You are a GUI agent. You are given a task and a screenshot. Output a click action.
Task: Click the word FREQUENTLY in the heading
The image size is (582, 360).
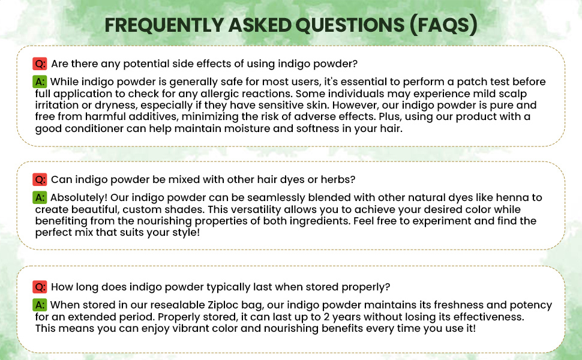pyautogui.click(x=164, y=25)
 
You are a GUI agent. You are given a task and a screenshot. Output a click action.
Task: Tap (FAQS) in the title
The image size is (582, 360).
pyautogui.click(x=443, y=25)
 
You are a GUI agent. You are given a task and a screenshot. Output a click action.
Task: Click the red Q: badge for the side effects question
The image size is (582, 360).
pyautogui.click(x=40, y=64)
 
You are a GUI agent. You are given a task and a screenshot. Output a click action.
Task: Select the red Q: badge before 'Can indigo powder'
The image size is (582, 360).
pyautogui.click(x=40, y=179)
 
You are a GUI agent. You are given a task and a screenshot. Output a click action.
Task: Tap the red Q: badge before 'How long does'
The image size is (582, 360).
pyautogui.click(x=40, y=287)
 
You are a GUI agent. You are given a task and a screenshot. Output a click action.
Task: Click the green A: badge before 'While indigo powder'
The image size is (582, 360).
pyautogui.click(x=40, y=82)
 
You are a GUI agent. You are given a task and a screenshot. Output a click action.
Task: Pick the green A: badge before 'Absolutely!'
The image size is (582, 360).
pyautogui.click(x=40, y=197)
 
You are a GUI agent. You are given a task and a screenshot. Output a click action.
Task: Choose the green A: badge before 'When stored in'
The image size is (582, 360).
pyautogui.click(x=40, y=305)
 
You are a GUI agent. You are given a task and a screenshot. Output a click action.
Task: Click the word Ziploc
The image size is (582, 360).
pyautogui.click(x=223, y=305)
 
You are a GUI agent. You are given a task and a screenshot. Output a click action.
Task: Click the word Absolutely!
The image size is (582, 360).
pyautogui.click(x=79, y=198)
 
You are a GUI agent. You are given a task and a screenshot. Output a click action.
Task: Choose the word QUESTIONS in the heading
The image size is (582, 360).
pyautogui.click(x=350, y=25)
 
